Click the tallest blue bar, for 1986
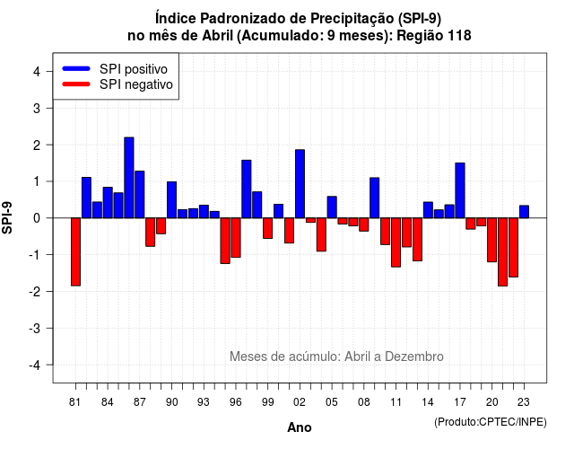click(x=129, y=178)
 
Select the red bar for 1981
click(x=75, y=251)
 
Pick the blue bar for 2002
click(x=300, y=184)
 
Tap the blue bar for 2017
click(x=460, y=190)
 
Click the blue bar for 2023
click(x=524, y=212)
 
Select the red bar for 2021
click(x=502, y=251)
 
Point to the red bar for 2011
click(x=396, y=242)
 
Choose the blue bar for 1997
click(x=247, y=189)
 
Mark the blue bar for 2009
click(x=375, y=198)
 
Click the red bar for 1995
click(x=225, y=241)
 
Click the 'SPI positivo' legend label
click(x=134, y=69)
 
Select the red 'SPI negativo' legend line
click(x=76, y=84)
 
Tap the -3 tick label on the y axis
click(x=35, y=328)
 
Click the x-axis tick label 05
click(x=332, y=402)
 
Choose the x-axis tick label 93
click(x=204, y=402)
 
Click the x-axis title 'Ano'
click(x=300, y=427)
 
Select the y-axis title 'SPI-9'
click(x=7, y=217)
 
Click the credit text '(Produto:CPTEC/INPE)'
click(x=491, y=422)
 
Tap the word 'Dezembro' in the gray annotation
click(x=414, y=357)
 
